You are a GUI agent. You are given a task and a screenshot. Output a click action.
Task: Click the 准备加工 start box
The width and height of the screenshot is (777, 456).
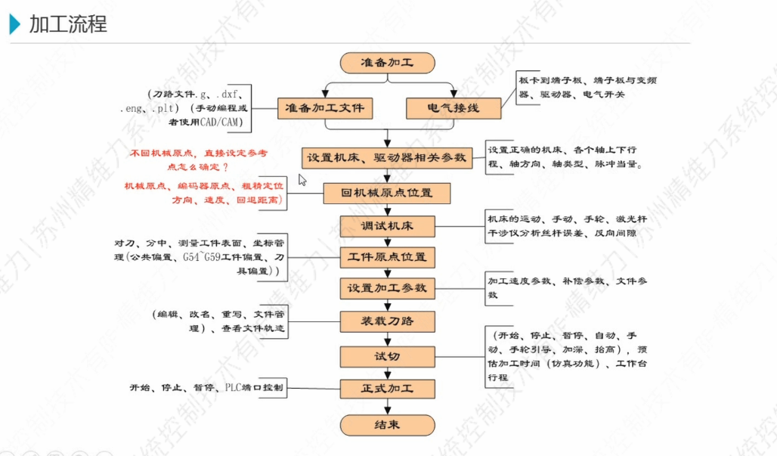[x=387, y=63]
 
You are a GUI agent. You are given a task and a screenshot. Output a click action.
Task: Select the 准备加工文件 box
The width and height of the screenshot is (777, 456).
[x=325, y=109]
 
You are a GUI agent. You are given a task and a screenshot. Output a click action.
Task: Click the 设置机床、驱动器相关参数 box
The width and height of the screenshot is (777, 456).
[x=387, y=159]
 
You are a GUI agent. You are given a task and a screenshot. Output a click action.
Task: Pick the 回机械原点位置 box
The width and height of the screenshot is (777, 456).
[x=387, y=193]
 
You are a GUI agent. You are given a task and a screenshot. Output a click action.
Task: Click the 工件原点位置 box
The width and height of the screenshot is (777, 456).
[x=387, y=257]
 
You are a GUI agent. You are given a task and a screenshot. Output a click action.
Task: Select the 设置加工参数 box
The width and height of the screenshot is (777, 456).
[x=387, y=288]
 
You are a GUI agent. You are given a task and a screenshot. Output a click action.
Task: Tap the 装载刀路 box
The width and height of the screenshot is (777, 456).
[x=387, y=321]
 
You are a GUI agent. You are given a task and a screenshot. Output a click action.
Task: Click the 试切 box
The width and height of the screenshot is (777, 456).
[x=387, y=356]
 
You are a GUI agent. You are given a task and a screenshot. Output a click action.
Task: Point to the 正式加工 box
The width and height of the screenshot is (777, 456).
[x=387, y=389]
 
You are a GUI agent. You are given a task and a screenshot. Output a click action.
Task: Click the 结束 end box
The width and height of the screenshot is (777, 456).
[x=387, y=424]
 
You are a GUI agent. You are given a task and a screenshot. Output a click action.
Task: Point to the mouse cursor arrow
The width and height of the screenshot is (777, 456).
[x=302, y=180]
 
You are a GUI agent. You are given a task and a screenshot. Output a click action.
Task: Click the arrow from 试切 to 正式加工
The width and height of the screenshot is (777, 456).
[x=387, y=373]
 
